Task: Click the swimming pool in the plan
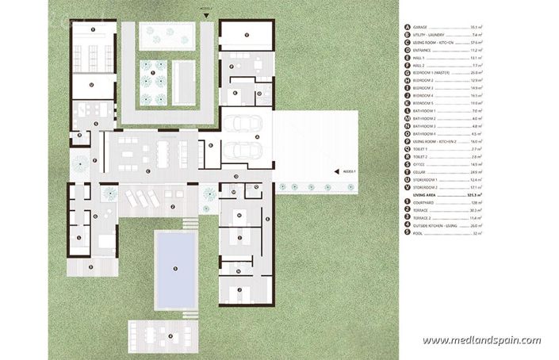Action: (176, 266)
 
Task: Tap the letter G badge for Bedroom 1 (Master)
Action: (407, 72)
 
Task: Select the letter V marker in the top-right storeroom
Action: (247, 36)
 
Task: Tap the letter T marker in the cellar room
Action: (93, 30)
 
